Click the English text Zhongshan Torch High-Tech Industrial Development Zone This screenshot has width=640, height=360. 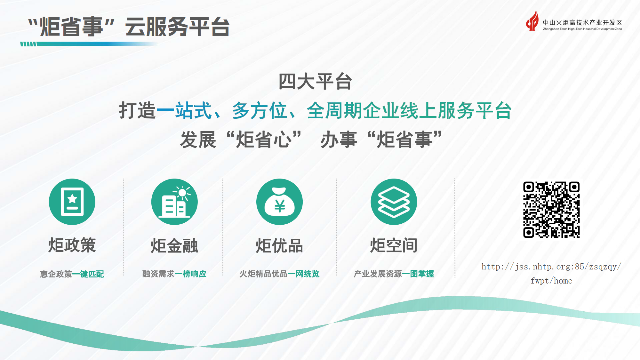point(582,29)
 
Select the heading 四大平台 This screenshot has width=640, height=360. point(315,82)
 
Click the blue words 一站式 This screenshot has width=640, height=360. point(184,111)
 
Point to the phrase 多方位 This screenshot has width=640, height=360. point(259,111)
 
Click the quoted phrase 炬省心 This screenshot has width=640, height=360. point(264,140)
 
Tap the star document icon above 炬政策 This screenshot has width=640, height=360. point(72,202)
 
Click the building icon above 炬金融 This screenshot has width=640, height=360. point(174,202)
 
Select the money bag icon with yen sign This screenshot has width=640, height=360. point(279,202)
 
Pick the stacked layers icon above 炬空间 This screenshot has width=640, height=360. point(394,202)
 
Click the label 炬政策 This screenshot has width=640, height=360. point(72,245)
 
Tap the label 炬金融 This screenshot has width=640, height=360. point(174,246)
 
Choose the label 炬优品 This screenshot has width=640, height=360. point(279,246)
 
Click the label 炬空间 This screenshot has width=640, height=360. point(394,245)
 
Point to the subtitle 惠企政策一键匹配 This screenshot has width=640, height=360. point(72,274)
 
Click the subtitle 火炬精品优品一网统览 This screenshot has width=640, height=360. point(279,274)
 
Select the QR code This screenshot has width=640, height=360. point(551,210)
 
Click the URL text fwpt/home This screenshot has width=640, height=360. point(551,281)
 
